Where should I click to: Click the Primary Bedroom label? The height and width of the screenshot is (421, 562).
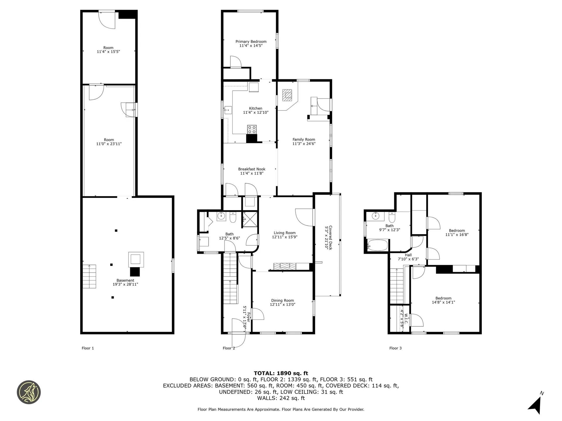[x=251, y=42]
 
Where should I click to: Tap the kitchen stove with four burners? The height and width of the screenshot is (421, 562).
[x=252, y=129]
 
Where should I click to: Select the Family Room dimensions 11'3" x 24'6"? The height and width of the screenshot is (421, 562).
[x=304, y=144]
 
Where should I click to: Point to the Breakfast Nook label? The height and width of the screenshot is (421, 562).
[x=252, y=169]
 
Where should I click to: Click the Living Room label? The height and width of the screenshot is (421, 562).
[x=285, y=233]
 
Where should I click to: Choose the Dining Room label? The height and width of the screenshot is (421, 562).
[x=282, y=300]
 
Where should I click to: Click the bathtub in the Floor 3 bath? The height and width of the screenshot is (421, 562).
[x=377, y=245]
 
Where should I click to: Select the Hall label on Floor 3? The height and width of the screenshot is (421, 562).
[x=408, y=255]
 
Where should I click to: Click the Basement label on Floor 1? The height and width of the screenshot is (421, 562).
[x=125, y=280]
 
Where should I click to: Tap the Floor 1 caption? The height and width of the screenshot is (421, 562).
[x=88, y=348]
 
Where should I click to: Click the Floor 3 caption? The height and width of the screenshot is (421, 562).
[x=395, y=348]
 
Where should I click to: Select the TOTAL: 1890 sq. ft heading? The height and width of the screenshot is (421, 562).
[x=281, y=373]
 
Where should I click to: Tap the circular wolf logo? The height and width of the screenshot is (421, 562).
[x=29, y=392]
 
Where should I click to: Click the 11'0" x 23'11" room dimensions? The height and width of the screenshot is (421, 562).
[x=109, y=144]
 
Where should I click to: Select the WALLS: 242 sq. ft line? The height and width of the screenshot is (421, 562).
[x=281, y=398]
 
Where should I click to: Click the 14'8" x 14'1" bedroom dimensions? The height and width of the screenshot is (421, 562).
[x=443, y=302]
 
